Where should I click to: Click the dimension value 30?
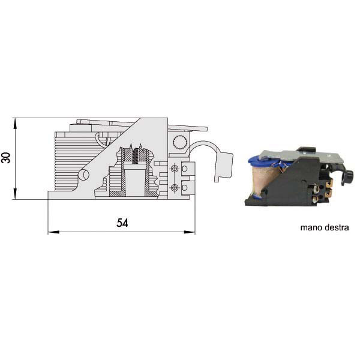point(6,157)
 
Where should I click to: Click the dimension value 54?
point(122,223)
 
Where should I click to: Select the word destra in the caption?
point(337,227)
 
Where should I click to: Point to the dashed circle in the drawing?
point(179,142)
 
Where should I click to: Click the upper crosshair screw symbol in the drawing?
point(175,169)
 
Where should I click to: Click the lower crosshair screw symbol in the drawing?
point(175,188)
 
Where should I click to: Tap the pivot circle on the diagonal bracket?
point(84,175)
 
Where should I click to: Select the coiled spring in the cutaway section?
point(136,155)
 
